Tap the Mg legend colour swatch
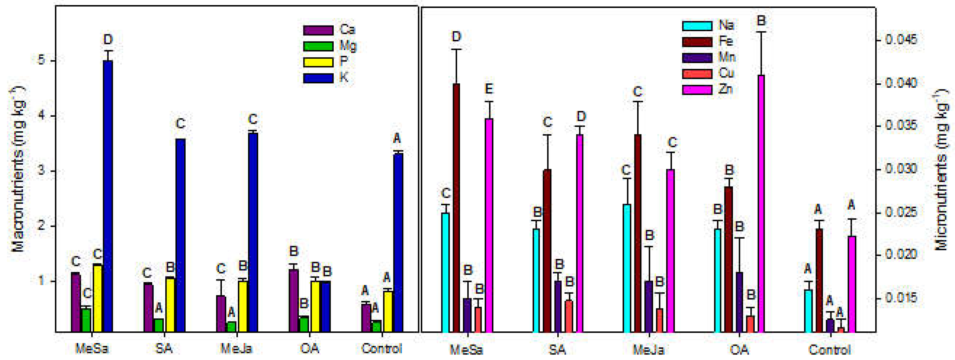click(318, 46)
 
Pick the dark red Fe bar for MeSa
click(456, 208)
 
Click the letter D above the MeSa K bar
click(108, 39)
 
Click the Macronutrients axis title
click(18, 169)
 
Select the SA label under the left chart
click(163, 348)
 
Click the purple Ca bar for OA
click(294, 300)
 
